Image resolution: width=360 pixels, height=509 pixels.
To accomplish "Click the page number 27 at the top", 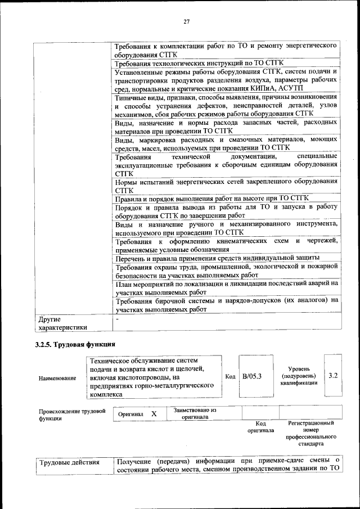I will click(x=187, y=22).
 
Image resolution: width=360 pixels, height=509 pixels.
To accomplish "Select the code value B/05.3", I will click(x=253, y=376).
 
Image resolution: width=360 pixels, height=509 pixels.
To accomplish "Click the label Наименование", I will click(x=57, y=378).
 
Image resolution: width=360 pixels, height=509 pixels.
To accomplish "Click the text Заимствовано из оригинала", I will click(x=195, y=414).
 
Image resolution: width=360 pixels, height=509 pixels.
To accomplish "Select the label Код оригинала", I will click(x=260, y=427).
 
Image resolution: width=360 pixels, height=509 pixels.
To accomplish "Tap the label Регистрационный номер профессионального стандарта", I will click(x=310, y=433).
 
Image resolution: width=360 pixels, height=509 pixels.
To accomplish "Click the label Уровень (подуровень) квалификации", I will click(x=299, y=375).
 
